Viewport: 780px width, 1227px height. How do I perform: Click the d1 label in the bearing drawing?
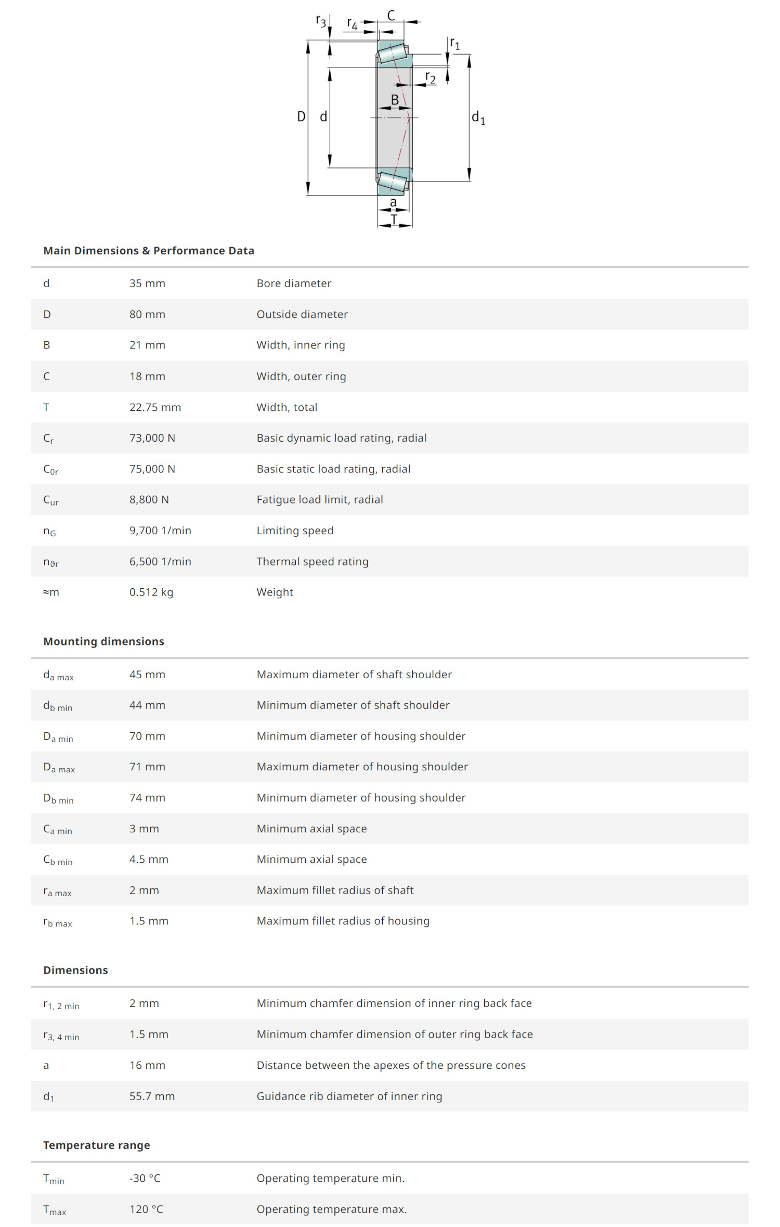click(x=478, y=118)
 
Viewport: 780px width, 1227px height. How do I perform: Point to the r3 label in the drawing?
click(x=321, y=21)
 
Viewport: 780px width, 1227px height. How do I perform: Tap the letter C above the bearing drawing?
click(x=391, y=16)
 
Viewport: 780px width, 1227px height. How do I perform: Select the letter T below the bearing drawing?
click(x=394, y=219)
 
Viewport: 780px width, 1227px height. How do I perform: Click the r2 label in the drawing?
click(x=430, y=78)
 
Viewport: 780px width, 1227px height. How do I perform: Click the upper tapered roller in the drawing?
click(x=392, y=53)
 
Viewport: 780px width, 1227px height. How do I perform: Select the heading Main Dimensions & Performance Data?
click(x=149, y=251)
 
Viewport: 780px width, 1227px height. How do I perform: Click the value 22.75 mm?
click(x=155, y=407)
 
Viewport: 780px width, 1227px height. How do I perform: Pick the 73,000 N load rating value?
click(x=152, y=438)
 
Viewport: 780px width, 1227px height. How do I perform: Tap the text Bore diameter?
click(x=294, y=283)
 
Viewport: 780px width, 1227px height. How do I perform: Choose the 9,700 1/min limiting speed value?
click(x=160, y=531)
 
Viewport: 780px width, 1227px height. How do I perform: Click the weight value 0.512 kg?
click(x=151, y=592)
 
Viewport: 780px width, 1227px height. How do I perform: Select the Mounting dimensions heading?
click(x=103, y=641)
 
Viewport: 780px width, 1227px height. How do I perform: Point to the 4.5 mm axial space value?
click(x=149, y=859)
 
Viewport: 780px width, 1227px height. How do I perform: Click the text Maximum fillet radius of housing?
click(x=343, y=921)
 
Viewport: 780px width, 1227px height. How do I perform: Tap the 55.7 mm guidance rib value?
click(x=152, y=1096)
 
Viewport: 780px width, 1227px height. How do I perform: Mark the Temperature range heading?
click(x=97, y=1145)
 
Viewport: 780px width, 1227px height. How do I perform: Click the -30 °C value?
click(x=145, y=1178)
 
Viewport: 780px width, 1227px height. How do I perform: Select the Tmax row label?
click(x=55, y=1209)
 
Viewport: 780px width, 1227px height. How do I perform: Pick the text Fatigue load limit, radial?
click(x=319, y=499)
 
